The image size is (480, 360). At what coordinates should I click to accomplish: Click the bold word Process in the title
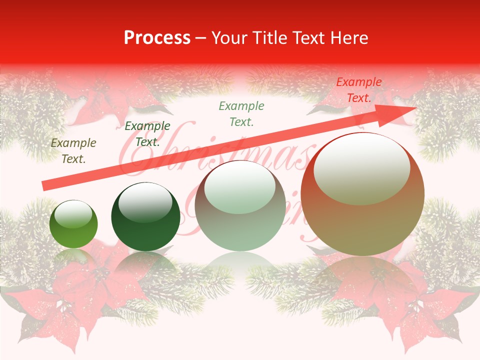tap(157, 38)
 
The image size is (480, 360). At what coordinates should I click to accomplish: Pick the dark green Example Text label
tap(147, 134)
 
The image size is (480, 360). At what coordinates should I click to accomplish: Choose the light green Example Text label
tap(241, 113)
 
